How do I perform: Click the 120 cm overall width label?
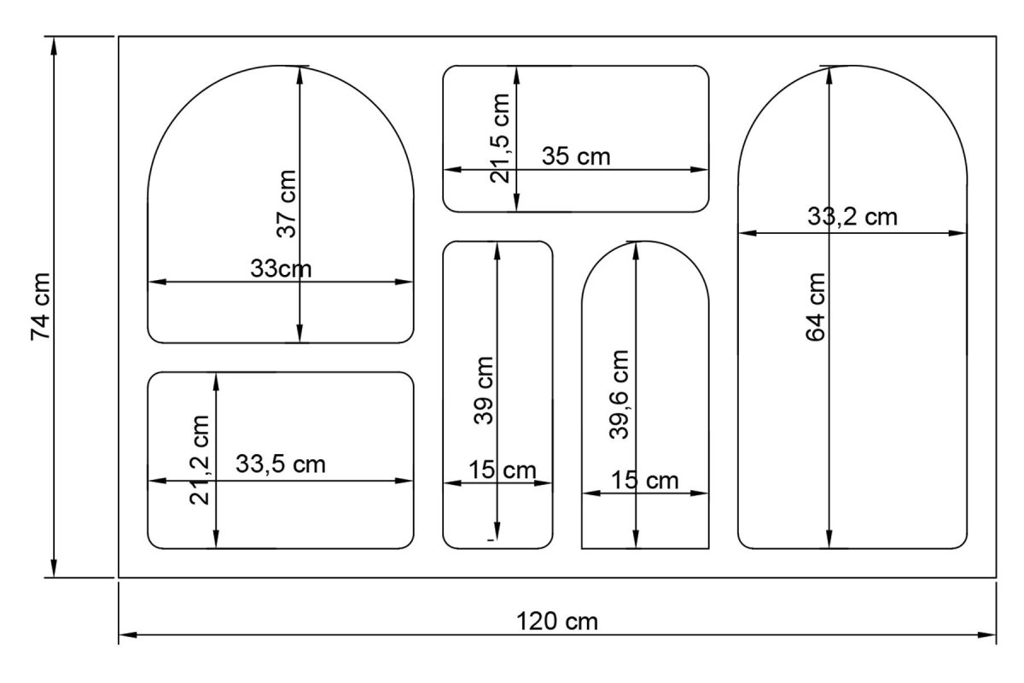point(556,622)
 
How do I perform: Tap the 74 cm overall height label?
point(40,306)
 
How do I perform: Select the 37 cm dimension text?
point(287,204)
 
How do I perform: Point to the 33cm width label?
point(281,269)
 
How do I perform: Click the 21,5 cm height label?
point(500,138)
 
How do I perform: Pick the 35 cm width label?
point(576,156)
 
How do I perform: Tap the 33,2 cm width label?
point(852,216)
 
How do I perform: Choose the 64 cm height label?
point(815,307)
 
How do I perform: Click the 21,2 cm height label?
point(199,460)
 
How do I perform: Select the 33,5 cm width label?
point(281,464)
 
